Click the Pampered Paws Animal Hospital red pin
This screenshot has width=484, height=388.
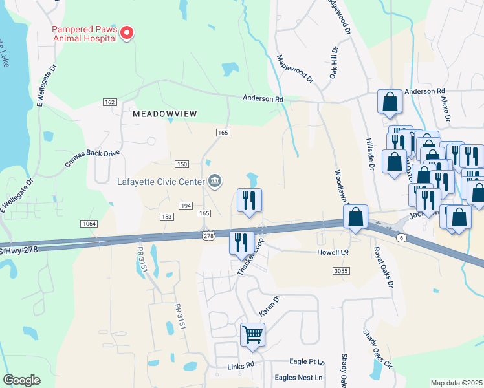127,33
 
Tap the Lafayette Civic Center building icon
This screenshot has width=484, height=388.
216,181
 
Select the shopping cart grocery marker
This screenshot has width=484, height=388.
252,336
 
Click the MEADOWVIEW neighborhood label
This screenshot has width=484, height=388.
164,114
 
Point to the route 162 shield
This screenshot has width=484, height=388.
109,102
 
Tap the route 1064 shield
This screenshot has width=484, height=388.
89,223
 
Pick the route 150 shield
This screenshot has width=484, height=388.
182,164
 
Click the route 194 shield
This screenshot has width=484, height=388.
186,205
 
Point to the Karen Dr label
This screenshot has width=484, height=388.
269,306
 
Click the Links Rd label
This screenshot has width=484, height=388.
241,367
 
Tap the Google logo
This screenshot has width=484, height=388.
21,380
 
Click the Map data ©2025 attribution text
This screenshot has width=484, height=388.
456,383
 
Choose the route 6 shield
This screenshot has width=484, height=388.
401,239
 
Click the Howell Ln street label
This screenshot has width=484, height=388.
333,252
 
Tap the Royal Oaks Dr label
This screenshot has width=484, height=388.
383,266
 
